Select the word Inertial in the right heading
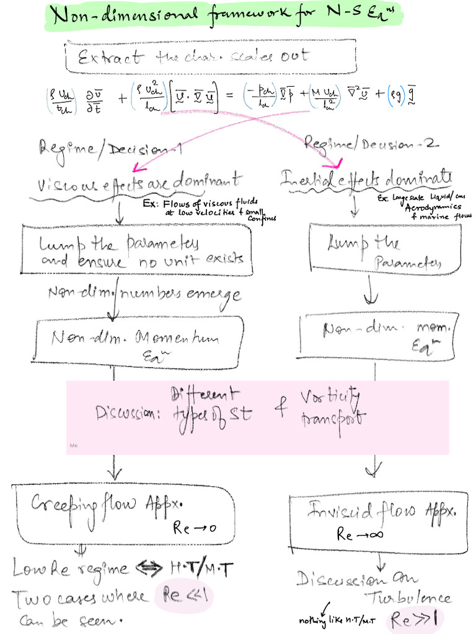(308, 180)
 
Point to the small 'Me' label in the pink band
(74, 445)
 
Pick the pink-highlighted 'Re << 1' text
(182, 597)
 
